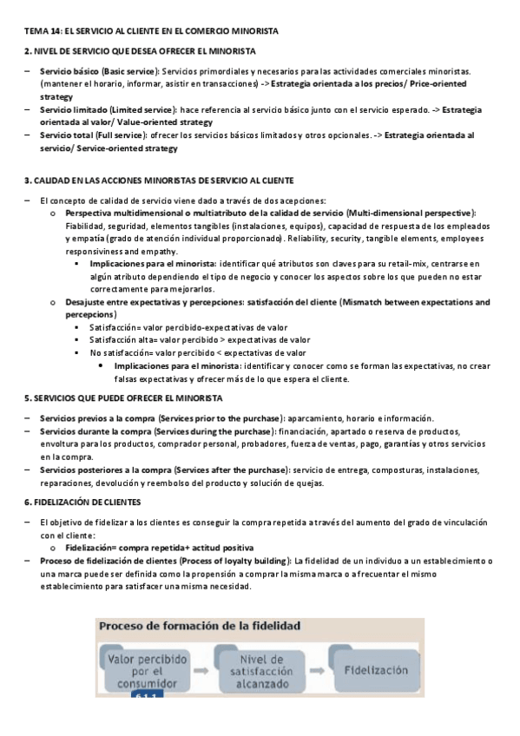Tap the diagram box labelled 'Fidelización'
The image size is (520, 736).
[x=375, y=671]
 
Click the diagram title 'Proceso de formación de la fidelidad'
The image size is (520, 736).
[x=200, y=626]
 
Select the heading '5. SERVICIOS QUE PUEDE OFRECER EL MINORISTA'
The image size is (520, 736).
[x=123, y=398]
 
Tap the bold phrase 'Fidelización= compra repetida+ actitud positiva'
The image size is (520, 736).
[x=160, y=549]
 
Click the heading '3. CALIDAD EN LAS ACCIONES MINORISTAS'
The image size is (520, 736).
[x=158, y=181]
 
